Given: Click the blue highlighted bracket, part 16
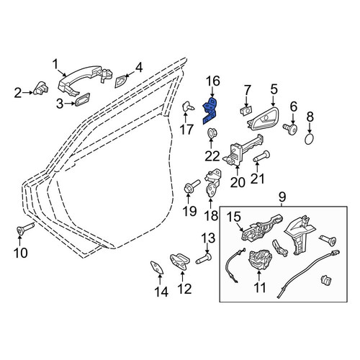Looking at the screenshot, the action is pos(210,111).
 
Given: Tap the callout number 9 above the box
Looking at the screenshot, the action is pos(282,197).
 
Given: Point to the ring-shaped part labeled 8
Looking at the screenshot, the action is pos(310,139).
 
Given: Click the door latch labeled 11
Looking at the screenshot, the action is pos(261,261).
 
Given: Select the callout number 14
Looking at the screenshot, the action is pos(161,292).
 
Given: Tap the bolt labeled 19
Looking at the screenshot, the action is pos(192,186).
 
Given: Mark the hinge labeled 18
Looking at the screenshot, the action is pos(212,183).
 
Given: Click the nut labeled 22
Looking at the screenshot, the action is pos(211,133).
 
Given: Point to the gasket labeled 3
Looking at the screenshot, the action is pos(82,99).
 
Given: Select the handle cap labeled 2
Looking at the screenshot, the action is pos(41,89).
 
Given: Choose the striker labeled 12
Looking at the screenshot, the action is pos(179,261).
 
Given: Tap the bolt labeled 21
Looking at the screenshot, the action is pos(262,156).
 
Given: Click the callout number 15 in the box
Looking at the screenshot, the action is pos(234,217).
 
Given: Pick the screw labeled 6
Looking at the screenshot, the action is pos(290,128).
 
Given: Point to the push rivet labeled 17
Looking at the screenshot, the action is pos(189,107).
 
